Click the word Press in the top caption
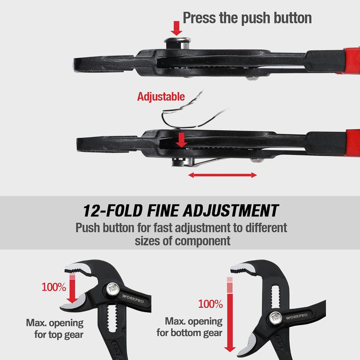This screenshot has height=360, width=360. coord(199,18)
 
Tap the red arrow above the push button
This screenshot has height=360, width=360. coord(176,28)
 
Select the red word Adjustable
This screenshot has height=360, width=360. coord(161,97)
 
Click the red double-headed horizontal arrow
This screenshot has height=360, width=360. coord(223,175)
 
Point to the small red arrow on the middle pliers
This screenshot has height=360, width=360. coord(181,140)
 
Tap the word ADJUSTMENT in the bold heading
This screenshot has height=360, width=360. coord(230,211)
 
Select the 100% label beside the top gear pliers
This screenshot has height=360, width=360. coord(54,287)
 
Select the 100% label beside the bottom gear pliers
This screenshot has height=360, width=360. coord(211,304)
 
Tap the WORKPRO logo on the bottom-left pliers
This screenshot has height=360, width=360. coord(133,298)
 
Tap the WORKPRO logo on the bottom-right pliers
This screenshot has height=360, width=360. coord(296,317)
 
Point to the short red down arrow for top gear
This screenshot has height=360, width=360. coord(72,288)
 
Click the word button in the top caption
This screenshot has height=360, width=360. coord(292,18)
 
